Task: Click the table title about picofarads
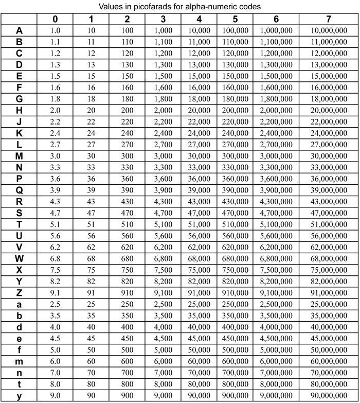click(180, 7)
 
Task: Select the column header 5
click(235, 20)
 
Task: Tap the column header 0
click(55, 20)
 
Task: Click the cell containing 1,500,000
click(276, 76)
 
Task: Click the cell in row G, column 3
click(163, 99)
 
